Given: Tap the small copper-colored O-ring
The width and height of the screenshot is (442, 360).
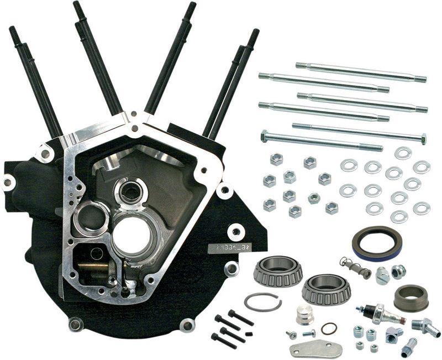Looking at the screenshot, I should point(328,328).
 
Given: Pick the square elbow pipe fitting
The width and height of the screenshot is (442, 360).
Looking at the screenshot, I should point(394,333).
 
